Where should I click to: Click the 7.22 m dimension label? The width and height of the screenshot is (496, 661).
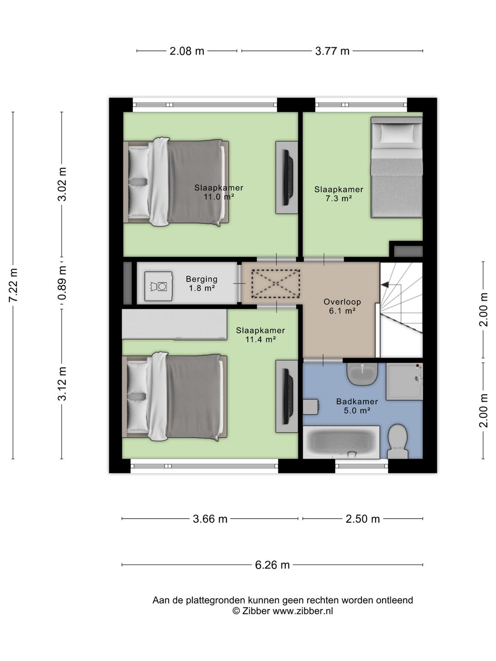[14, 285]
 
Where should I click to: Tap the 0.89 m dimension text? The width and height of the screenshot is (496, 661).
[62, 283]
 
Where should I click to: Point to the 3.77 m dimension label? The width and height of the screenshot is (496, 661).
[332, 51]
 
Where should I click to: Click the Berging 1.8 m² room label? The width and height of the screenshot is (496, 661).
[202, 284]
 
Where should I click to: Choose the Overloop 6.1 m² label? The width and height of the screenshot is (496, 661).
[342, 306]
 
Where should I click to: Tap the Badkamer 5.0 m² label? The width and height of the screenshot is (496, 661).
[357, 406]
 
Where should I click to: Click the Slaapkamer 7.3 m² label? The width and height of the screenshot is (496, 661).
[339, 194]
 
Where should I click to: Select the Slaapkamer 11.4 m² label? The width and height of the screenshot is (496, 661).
[260, 335]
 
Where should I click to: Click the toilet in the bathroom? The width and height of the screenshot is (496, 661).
[398, 442]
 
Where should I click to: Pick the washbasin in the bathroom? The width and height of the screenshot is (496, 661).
[362, 374]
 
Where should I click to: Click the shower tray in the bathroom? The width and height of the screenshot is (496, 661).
[405, 381]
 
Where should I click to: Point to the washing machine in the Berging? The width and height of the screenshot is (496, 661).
[159, 286]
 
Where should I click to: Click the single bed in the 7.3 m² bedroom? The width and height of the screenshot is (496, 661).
[397, 168]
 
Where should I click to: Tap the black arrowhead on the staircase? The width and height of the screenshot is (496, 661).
[385, 285]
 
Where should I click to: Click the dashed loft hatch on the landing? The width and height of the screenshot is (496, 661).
[276, 284]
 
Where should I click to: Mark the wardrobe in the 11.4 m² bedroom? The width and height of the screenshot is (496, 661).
[175, 325]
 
